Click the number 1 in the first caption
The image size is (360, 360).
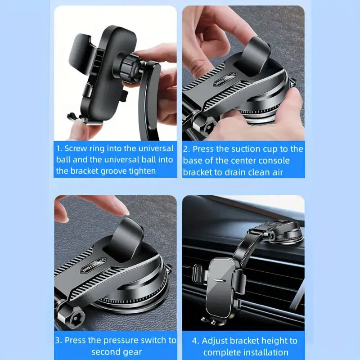click(x=58, y=148)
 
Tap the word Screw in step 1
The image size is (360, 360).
click(x=75, y=148)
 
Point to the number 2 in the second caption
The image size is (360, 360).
click(x=185, y=149)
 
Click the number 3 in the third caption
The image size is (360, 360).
click(x=58, y=340)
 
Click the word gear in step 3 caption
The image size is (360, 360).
click(x=134, y=351)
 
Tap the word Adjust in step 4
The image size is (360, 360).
click(x=216, y=341)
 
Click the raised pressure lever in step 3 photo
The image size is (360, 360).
click(x=127, y=234)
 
